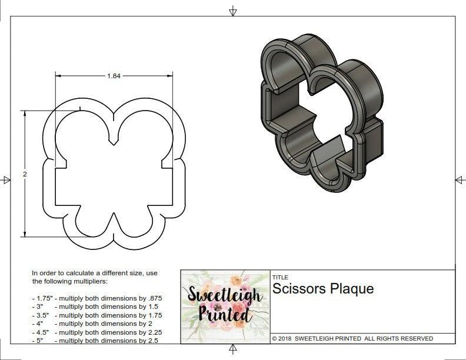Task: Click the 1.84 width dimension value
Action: [x=114, y=76]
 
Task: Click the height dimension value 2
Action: [x=25, y=174]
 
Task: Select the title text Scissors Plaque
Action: [x=322, y=289]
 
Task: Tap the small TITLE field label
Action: [x=279, y=278]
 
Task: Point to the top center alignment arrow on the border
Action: [x=233, y=11]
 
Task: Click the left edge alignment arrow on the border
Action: [x=6, y=179]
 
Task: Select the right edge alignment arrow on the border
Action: [x=459, y=179]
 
